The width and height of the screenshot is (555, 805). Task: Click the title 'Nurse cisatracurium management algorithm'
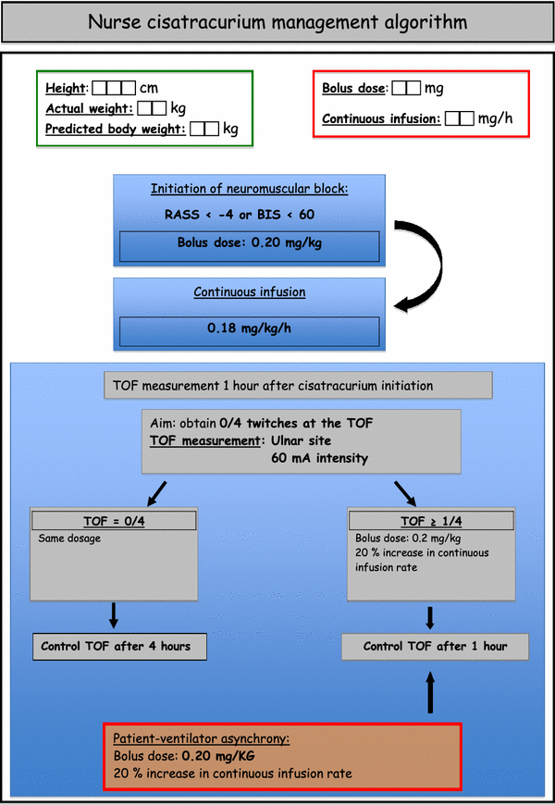pos(277,21)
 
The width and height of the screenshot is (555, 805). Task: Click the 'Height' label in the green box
pos(65,88)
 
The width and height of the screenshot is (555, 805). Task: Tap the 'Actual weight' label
pos(88,108)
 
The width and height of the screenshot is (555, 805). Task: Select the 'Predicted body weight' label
pos(115,129)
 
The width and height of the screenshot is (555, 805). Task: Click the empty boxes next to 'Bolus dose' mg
pos(405,89)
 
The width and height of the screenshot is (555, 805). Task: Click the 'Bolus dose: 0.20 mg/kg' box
pos(250,246)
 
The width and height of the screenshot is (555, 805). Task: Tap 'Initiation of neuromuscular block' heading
pos(250,190)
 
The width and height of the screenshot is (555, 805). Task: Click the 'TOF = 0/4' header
pos(113,520)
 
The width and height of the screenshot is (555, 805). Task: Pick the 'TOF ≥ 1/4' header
pos(431,520)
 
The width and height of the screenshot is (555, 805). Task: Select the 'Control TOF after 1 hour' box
pos(435,646)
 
